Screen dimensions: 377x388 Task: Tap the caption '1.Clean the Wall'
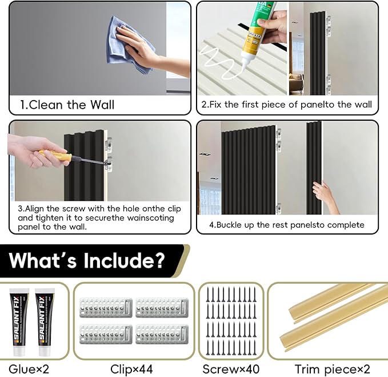click(x=67, y=105)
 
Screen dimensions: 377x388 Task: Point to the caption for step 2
click(x=286, y=105)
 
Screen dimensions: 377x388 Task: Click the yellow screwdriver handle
click(x=52, y=155)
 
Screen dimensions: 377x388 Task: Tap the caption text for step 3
click(x=97, y=217)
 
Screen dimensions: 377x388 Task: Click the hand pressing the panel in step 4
click(x=327, y=197)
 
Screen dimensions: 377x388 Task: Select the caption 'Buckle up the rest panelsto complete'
click(x=286, y=225)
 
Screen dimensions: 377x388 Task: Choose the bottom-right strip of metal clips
click(x=161, y=334)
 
